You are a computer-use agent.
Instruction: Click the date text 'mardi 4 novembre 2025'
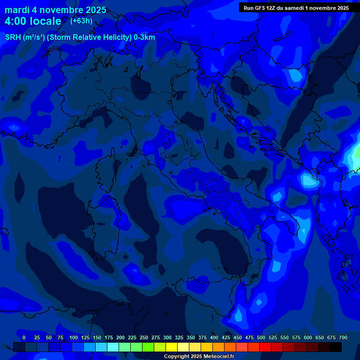click(x=55, y=10)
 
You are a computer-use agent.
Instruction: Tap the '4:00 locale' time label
click(x=33, y=21)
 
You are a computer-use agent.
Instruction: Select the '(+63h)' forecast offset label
click(x=81, y=21)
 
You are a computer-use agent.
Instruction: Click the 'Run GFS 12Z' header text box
click(x=296, y=8)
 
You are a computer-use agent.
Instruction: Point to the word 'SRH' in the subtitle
click(x=13, y=37)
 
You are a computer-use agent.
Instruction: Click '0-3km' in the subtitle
click(x=144, y=37)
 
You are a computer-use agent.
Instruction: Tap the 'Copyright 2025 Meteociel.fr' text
click(x=199, y=357)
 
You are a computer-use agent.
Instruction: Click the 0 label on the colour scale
click(x=24, y=337)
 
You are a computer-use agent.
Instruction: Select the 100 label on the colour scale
click(x=74, y=337)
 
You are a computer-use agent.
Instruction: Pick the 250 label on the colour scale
click(x=144, y=337)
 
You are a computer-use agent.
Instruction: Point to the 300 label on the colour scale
click(x=167, y=337)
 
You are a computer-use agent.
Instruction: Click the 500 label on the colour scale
click(x=261, y=337)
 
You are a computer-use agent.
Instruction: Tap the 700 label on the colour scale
click(x=343, y=337)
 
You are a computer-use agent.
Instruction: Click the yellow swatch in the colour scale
click(x=172, y=347)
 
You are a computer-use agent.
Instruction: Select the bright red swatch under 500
click(x=265, y=347)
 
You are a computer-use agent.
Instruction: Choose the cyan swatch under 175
click(x=113, y=347)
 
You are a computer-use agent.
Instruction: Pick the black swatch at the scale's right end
click(x=336, y=347)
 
